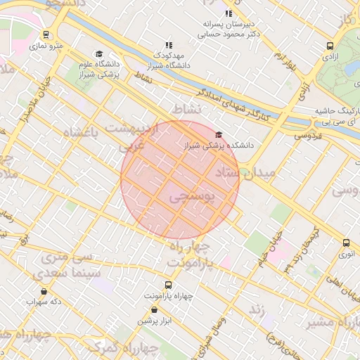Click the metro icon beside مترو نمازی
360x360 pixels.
coord(46,34)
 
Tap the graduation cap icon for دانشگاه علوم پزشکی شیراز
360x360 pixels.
coord(99,54)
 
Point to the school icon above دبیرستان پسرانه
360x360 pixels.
coord(228,13)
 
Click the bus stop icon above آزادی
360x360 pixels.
coord(330,46)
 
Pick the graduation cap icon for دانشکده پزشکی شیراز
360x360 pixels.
coord(218,135)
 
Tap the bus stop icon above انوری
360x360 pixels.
coord(345,243)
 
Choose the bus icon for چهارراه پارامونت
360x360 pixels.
coord(167,285)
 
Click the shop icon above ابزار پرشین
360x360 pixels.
coord(154,309)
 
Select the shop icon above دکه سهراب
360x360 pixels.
coord(44,291)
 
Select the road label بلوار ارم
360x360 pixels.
coord(283,62)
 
